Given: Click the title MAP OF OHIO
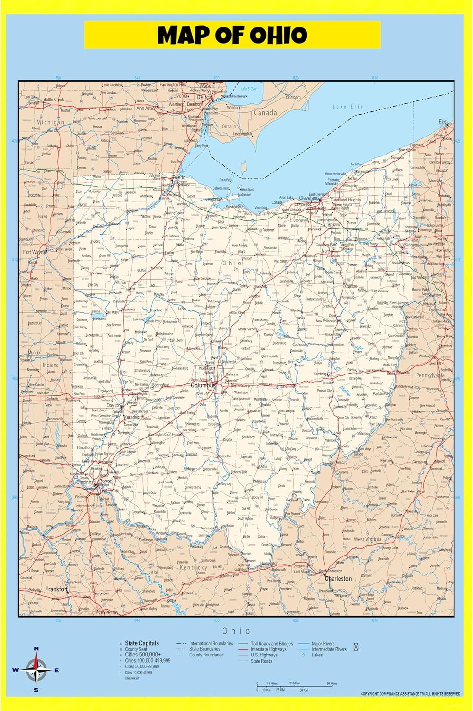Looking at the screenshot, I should (232, 35).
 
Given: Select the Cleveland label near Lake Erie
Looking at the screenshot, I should (309, 198).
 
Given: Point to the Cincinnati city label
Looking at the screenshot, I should (84, 483).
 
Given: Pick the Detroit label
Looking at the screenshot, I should (204, 97).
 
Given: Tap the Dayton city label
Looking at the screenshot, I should (113, 406).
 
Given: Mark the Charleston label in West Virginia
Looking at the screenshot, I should (338, 578).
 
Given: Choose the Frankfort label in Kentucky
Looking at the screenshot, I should (56, 589).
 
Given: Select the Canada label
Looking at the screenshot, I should (265, 113).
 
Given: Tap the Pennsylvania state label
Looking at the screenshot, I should (430, 375).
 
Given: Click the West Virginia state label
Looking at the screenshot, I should (367, 539).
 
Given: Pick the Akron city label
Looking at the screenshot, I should (327, 251).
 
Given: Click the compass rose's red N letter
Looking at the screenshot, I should (37, 649).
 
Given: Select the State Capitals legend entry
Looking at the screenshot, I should (141, 643).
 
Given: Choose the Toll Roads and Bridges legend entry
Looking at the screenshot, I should (272, 644).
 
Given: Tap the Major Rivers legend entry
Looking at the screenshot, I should (323, 644).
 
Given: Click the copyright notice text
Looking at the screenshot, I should (410, 694).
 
